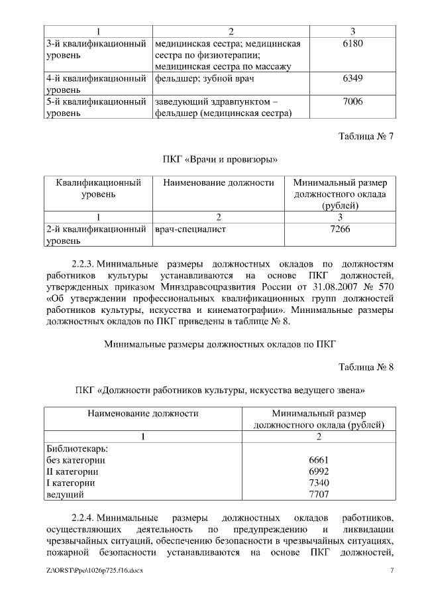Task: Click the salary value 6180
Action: (352, 44)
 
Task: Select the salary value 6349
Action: (352, 78)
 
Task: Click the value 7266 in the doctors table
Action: (339, 229)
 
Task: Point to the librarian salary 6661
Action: (319, 459)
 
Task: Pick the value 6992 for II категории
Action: (319, 471)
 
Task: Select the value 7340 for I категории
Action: (319, 483)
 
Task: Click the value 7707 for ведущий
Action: (319, 495)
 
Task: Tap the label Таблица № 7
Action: (366, 137)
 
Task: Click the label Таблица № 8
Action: (366, 367)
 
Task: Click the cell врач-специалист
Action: (190, 229)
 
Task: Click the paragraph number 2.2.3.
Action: (85, 264)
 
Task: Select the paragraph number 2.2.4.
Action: (85, 516)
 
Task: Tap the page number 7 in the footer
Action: (392, 571)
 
